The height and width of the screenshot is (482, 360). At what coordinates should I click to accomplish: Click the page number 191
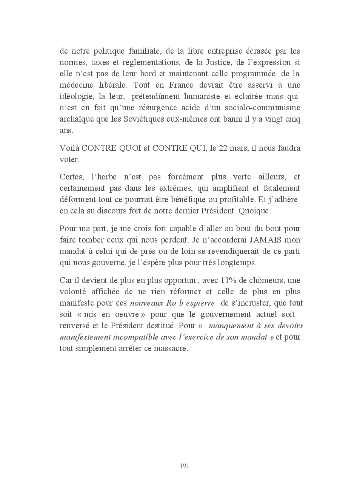[x=185, y=466]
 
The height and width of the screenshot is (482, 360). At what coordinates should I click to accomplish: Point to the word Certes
[x=71, y=177]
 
